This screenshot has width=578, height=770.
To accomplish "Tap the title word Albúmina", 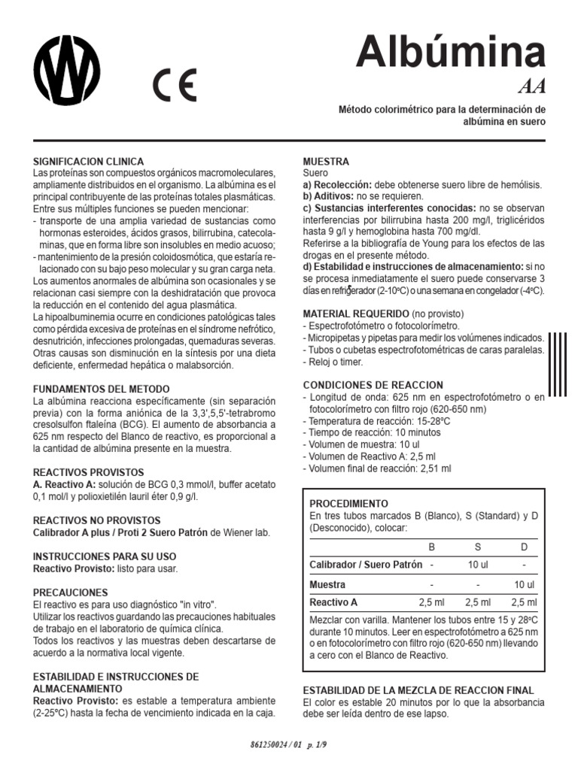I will point(450,51).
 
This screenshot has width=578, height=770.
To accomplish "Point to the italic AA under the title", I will point(531,86).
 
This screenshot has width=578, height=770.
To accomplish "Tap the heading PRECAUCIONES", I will point(70,593).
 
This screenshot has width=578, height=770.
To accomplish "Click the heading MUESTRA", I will point(325,161).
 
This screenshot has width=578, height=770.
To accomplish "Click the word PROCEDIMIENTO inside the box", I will point(349,503).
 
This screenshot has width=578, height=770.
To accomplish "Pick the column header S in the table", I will point(478,547).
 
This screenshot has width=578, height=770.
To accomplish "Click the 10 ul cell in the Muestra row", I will point(524,584).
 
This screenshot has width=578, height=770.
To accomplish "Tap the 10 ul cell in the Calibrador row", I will point(478,565).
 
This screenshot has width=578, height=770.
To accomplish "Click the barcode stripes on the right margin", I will point(557,364).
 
